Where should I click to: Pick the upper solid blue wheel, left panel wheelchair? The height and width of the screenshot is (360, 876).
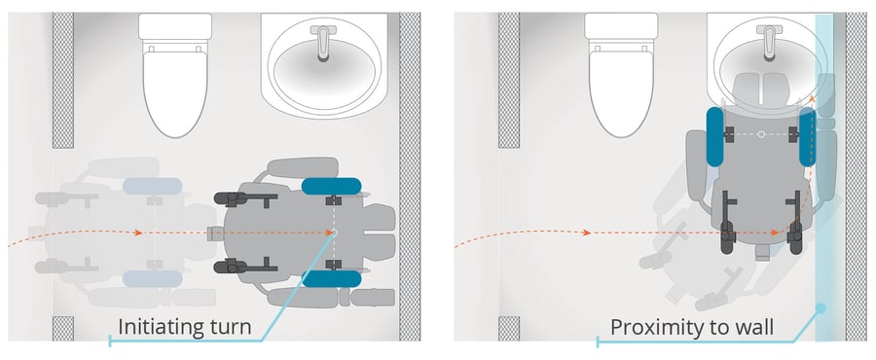coord(332,187)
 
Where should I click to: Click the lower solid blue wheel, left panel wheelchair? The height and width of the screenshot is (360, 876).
coord(332,278)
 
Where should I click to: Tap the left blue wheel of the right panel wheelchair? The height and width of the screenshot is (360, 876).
coord(715,135)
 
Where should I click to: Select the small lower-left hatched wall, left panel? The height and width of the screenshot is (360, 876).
coord(62,328)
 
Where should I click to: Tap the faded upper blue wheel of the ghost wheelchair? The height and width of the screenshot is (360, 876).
coord(152,187)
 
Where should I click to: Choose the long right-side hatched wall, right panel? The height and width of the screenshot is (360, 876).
coord(856,175)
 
